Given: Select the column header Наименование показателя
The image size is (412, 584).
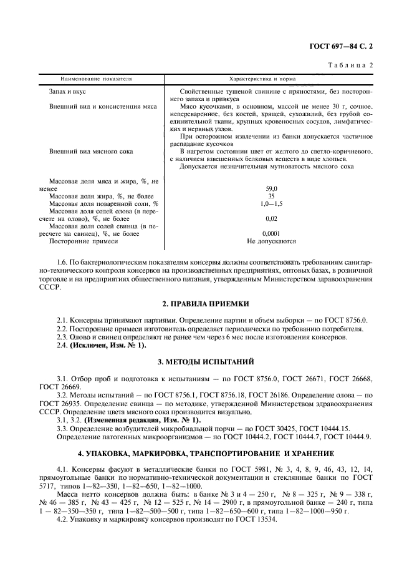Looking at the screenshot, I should tap(97, 79).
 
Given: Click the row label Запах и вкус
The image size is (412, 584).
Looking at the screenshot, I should tap(68, 92).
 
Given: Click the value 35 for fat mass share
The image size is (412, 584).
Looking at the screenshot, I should tap(271, 196).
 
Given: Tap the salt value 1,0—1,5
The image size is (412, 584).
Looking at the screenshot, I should tap(271, 204).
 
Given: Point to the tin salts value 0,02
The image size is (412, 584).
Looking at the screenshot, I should tap(271, 219).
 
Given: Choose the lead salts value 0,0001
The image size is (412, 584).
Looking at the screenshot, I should tap(271, 233).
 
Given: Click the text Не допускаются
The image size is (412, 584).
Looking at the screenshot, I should tap(271, 241).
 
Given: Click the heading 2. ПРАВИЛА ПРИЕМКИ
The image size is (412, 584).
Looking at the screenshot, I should tap(206, 303).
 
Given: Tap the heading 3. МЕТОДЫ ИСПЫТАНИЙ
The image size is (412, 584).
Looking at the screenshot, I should tap(206, 361).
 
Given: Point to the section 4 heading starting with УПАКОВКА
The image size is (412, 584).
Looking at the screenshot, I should tap(206, 452).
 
